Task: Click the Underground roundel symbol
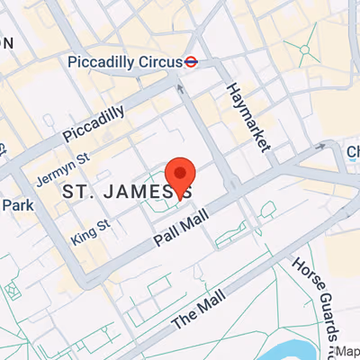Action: [x=191, y=62]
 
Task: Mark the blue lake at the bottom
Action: [x=296, y=349]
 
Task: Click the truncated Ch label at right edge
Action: [x=353, y=152]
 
